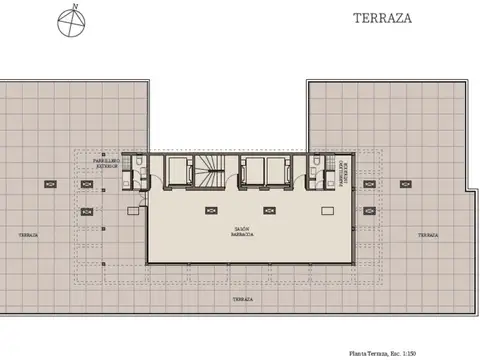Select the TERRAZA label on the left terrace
29,234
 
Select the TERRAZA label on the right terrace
428,234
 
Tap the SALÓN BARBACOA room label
241,231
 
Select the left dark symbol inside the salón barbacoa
210,211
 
